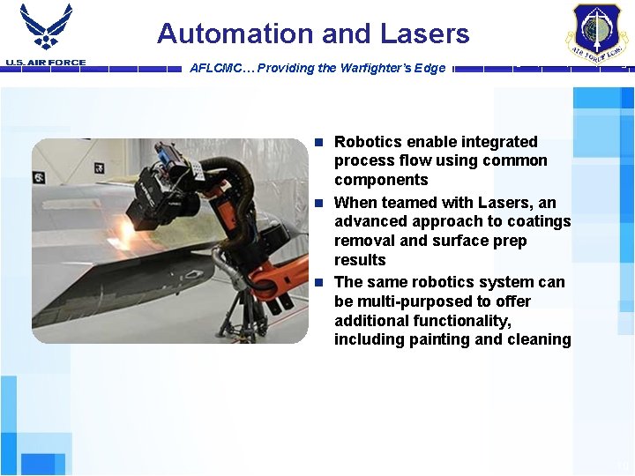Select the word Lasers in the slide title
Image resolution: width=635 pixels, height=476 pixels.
[425, 34]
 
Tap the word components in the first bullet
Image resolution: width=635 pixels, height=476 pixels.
[381, 180]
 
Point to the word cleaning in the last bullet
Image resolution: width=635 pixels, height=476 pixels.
[539, 339]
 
